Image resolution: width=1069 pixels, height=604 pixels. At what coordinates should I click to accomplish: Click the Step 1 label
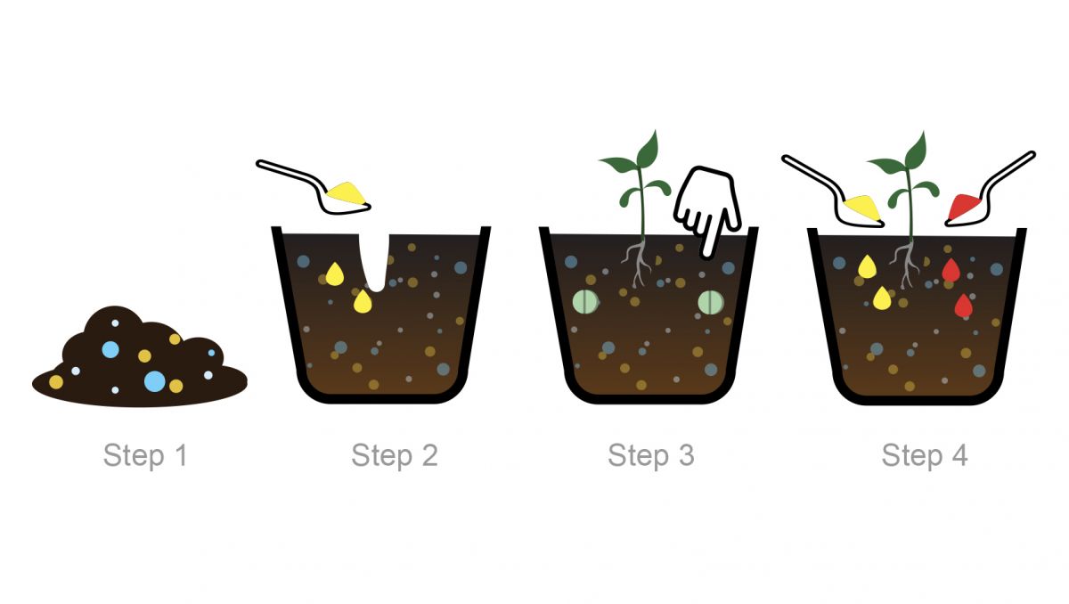[x=145, y=455]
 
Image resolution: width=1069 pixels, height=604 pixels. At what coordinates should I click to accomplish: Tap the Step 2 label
[x=394, y=455]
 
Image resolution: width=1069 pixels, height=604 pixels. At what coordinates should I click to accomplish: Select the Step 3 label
[x=650, y=455]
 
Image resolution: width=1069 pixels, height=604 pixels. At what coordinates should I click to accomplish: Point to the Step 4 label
[x=924, y=455]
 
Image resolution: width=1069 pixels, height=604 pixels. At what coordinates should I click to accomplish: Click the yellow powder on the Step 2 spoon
[x=346, y=192]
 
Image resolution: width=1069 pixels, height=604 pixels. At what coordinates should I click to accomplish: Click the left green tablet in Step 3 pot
[x=584, y=302]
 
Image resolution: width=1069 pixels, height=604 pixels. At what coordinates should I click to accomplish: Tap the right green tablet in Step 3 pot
[x=710, y=302]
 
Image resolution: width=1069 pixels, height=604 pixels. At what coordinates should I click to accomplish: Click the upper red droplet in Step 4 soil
[x=951, y=271]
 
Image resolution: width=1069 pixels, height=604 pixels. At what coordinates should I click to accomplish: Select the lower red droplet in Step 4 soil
[x=963, y=306]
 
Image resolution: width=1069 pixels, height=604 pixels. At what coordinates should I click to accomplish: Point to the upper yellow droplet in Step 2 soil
[x=334, y=273]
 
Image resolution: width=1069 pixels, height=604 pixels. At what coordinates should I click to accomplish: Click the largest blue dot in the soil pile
[x=155, y=380]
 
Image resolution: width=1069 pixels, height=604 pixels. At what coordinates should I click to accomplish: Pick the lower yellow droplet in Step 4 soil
[x=882, y=298]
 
